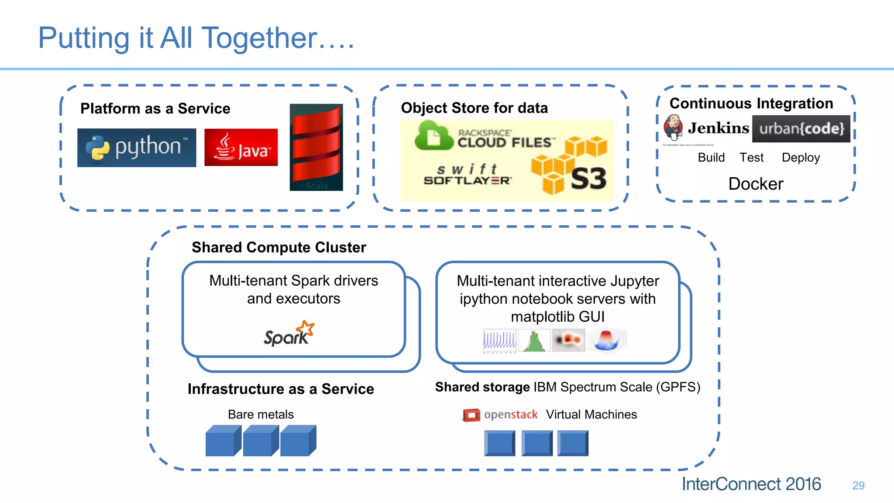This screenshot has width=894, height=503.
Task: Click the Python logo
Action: pyautogui.click(x=137, y=148)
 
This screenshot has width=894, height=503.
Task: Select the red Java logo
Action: pyautogui.click(x=241, y=148)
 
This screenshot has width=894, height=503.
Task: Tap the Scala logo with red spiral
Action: pyautogui.click(x=316, y=147)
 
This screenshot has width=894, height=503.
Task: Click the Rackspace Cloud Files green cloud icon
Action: pyautogui.click(x=433, y=136)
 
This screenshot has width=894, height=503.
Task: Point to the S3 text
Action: pyautogui.click(x=588, y=179)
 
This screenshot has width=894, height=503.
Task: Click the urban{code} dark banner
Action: pyautogui.click(x=801, y=129)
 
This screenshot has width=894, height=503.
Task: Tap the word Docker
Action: pyautogui.click(x=756, y=184)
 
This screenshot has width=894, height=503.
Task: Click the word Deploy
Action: pyautogui.click(x=801, y=158)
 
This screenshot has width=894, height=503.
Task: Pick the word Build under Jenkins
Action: pyautogui.click(x=711, y=158)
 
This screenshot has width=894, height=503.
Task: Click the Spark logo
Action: pyautogui.click(x=289, y=334)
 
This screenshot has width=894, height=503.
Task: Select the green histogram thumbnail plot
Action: pyautogui.click(x=534, y=341)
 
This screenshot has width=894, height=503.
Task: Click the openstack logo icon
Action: pyautogui.click(x=471, y=415)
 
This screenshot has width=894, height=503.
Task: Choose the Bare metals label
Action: pyautogui.click(x=261, y=414)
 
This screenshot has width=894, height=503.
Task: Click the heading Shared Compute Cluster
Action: pyautogui.click(x=279, y=248)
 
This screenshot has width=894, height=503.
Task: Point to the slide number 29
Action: pyautogui.click(x=858, y=486)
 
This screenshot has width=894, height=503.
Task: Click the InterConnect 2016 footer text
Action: pyautogui.click(x=751, y=484)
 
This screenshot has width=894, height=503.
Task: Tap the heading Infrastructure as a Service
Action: pyautogui.click(x=281, y=389)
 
